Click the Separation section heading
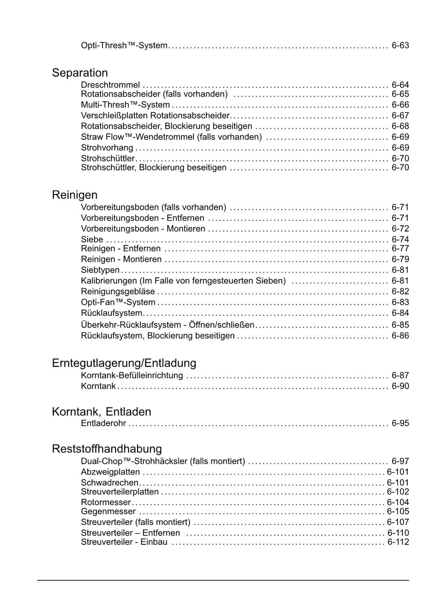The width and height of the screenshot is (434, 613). pos(80,73)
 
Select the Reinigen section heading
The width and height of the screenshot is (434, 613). pos(75,195)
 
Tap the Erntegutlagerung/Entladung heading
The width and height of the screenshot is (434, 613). pos(124,363)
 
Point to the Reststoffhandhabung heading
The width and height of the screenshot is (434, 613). pos(107,449)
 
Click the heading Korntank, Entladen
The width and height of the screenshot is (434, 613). pos(101,412)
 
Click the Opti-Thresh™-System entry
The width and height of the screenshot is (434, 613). pos(124,45)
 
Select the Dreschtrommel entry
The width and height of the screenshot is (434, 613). pos(110,85)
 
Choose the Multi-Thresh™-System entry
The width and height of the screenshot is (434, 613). pos(125,105)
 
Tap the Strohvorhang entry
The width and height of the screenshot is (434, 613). pos(107,148)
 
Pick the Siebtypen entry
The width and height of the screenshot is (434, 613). pos(100,270)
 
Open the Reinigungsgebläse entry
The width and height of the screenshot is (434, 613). pos(118,291)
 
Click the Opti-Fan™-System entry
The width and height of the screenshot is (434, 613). pos(118,302)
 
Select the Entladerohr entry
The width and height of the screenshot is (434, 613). pos(103,423)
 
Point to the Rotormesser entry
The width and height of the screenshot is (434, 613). pos(106,502)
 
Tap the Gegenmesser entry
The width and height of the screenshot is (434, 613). pos(108,511)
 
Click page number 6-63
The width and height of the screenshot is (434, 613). pos(400,45)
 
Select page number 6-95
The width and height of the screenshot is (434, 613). pos(400,423)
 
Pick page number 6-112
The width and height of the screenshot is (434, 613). pos(398,542)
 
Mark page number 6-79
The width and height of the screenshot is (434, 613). pos(400,259)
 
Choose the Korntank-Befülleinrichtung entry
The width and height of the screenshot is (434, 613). pos(132,375)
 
